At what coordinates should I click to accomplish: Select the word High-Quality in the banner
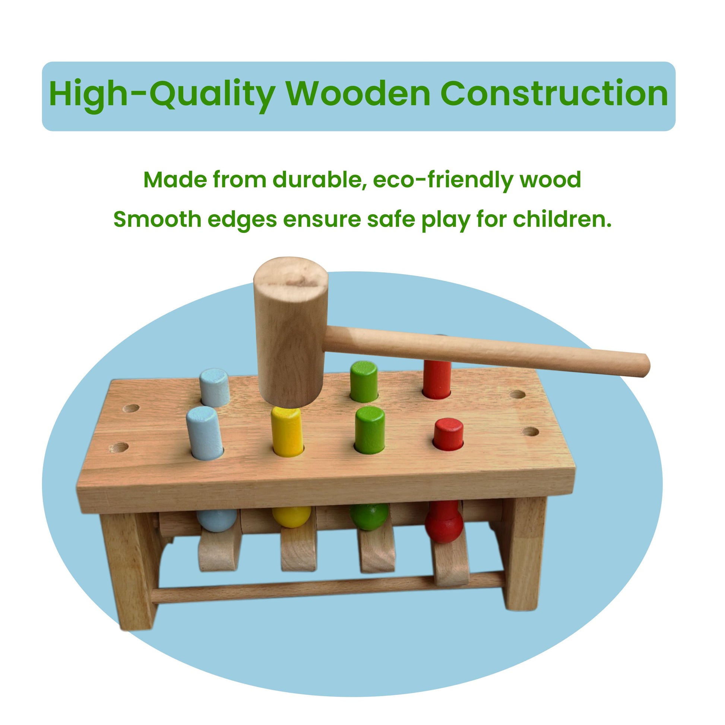(x=162, y=96)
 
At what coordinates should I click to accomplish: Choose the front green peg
(x=370, y=430)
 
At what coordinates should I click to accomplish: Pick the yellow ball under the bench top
(x=291, y=516)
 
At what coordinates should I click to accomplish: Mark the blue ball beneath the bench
(x=217, y=520)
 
